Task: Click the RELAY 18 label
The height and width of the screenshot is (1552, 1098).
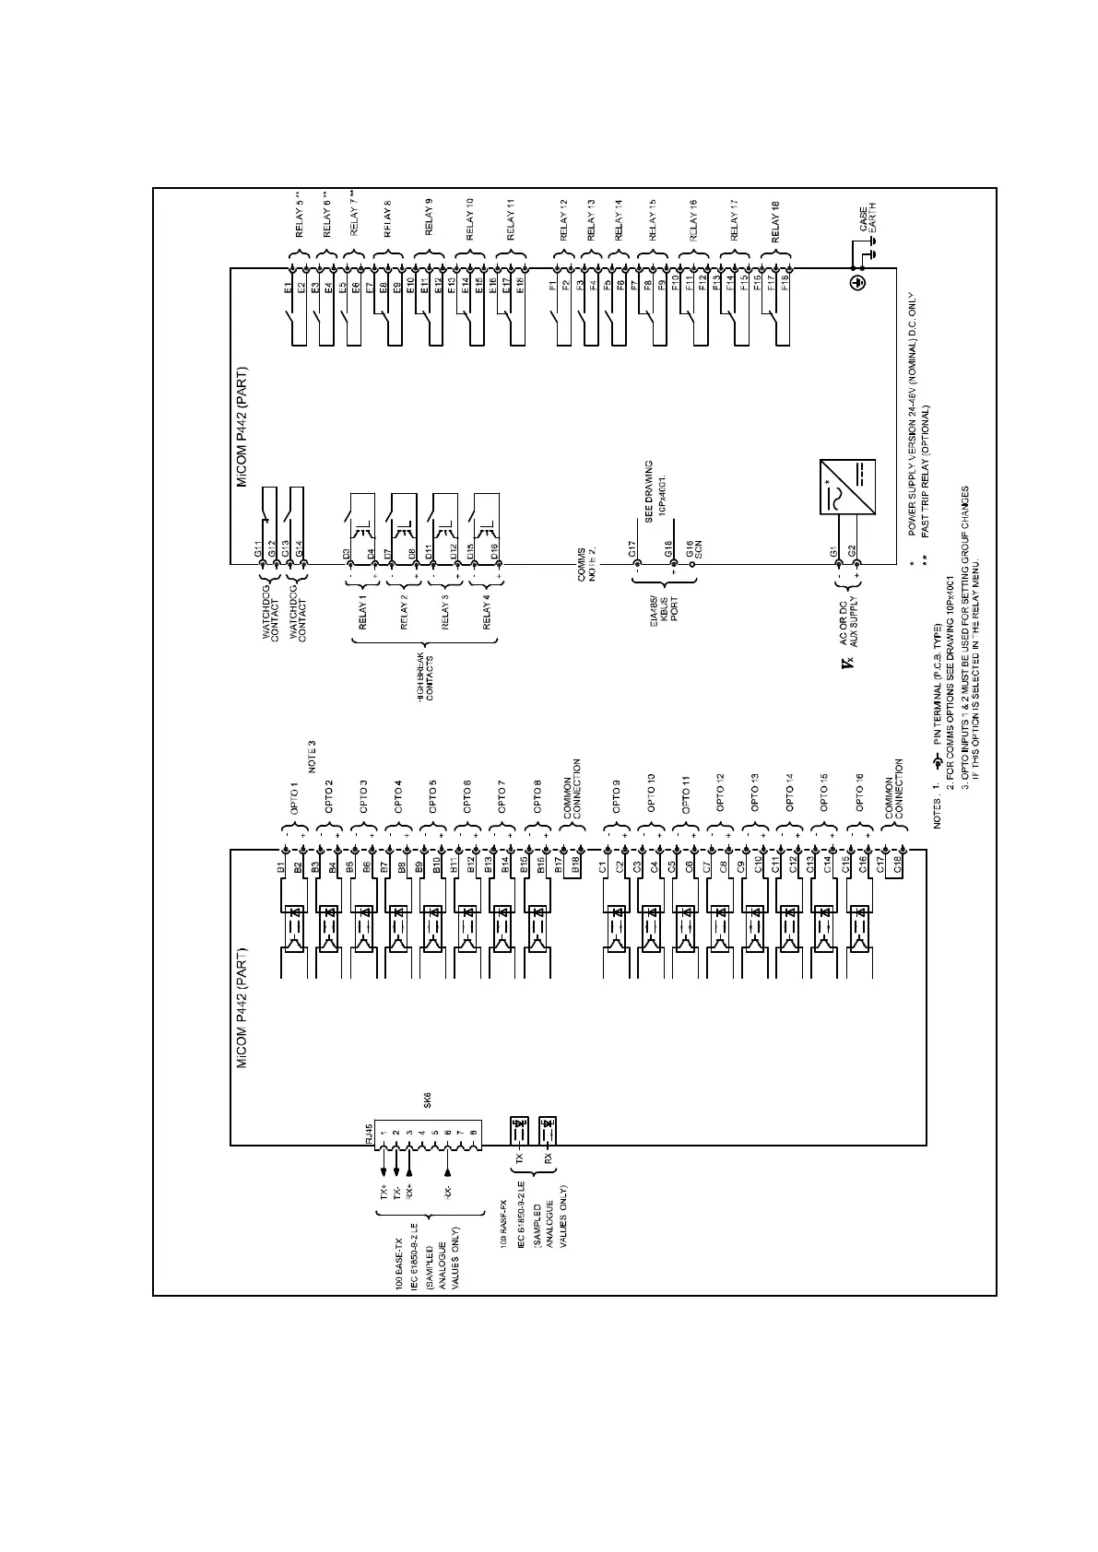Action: tap(776, 226)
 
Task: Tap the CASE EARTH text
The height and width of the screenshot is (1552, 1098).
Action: tap(867, 219)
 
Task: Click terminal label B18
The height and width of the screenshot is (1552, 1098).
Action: tap(574, 867)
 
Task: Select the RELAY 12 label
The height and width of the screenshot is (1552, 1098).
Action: tap(563, 219)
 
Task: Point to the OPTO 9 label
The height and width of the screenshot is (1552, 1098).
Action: tap(616, 795)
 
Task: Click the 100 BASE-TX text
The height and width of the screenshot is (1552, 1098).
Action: tap(398, 1271)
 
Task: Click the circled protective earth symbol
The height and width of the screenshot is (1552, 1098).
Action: tap(858, 284)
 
